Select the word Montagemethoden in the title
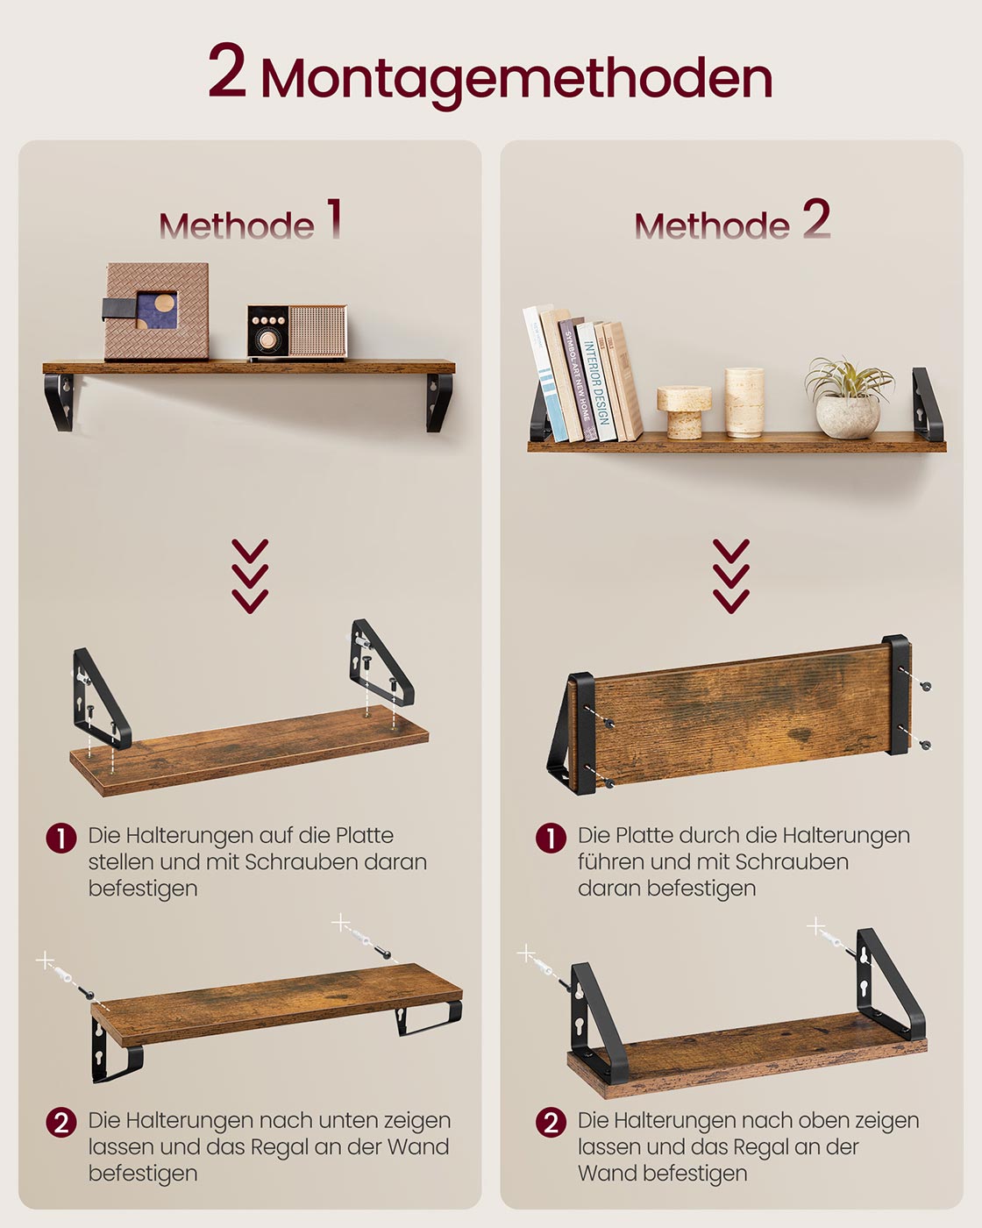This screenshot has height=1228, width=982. tap(516, 79)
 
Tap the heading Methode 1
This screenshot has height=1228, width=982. tap(250, 222)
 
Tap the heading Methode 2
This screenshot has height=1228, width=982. tap(731, 222)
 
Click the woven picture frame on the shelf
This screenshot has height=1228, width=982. tap(157, 311)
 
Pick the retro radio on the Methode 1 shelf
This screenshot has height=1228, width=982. tap(297, 332)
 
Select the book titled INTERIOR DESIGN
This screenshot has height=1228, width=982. tap(596, 382)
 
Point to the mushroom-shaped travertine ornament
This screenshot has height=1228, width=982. tap(684, 411)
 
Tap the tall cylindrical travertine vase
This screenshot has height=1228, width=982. tap(744, 402)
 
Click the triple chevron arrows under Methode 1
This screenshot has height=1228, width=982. tap(250, 575)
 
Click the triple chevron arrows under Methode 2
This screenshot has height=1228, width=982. tap(731, 575)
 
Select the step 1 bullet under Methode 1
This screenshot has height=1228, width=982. tap(61, 838)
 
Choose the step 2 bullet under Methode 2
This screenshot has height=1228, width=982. tap(551, 1122)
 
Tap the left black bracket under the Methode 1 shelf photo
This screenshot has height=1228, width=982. tap(60, 401)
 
